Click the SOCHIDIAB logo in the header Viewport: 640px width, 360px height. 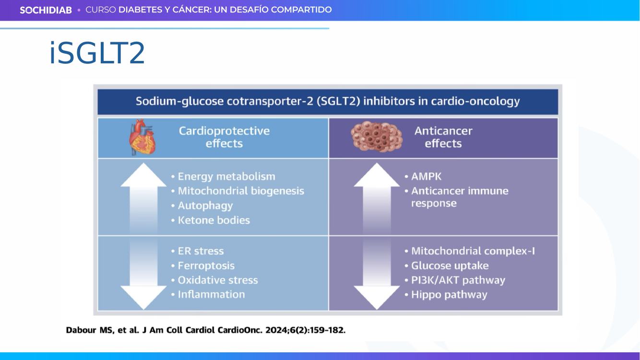tap(46, 10)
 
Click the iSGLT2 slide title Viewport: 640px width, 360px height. tap(97, 53)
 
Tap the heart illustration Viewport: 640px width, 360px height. tap(142, 137)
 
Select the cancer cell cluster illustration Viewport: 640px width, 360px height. tap(377, 136)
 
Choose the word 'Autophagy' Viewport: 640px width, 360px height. tap(205, 205)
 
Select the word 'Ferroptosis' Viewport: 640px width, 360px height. tap(206, 265)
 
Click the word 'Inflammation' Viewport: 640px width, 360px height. tap(211, 294)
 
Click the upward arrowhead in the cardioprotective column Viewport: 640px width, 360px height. tap(143, 175)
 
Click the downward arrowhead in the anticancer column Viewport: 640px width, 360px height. tap(377, 298)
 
